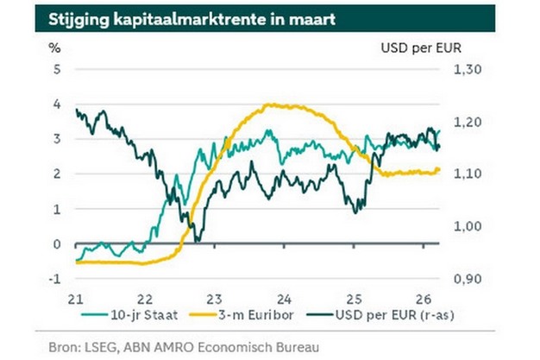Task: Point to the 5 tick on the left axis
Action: pyautogui.click(x=56, y=69)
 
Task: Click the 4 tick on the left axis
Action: pyautogui.click(x=56, y=104)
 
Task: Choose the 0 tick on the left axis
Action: pyautogui.click(x=56, y=244)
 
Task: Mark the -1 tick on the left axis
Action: pyautogui.click(x=54, y=279)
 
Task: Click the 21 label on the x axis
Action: pyautogui.click(x=75, y=297)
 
